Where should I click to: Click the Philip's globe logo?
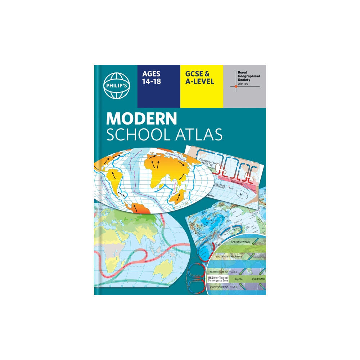click(x=116, y=86)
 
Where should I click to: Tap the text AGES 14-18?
click(x=152, y=78)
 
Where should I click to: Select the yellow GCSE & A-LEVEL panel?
click(x=201, y=86)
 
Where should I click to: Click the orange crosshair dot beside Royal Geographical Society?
click(x=236, y=86)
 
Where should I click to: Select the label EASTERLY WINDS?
click(x=241, y=242)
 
